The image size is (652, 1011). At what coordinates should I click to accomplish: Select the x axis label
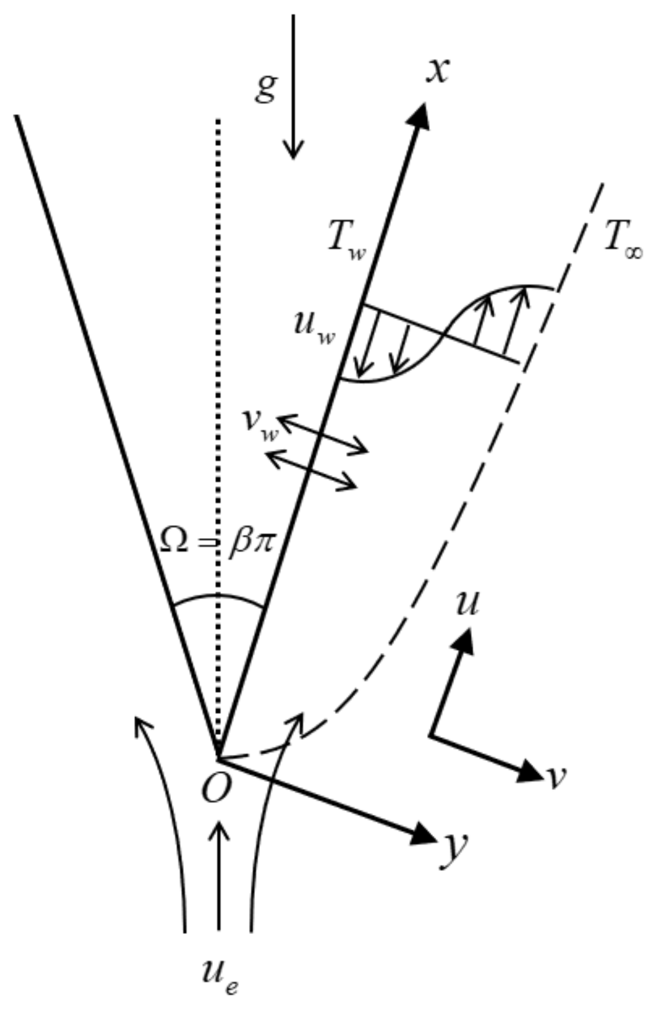click(x=437, y=71)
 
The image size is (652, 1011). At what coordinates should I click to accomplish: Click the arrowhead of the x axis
click(x=422, y=115)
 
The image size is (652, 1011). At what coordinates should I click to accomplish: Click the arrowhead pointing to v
click(x=529, y=771)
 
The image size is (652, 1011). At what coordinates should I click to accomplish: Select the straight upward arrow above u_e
click(x=220, y=876)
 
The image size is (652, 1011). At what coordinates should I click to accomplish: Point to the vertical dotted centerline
click(x=219, y=388)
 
